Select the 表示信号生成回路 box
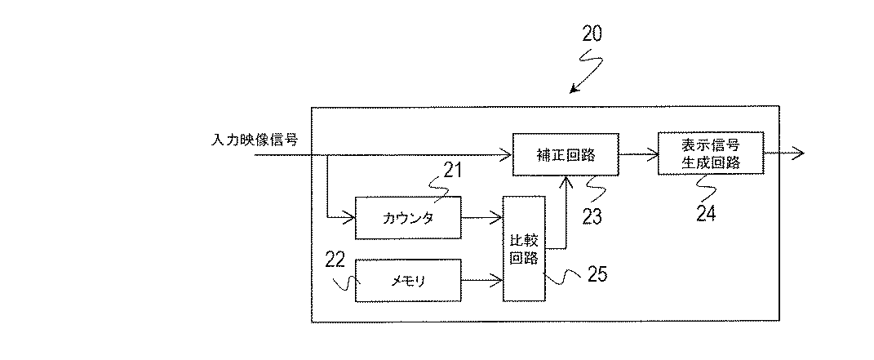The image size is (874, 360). pyautogui.click(x=710, y=153)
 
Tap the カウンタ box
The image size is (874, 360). pyautogui.click(x=408, y=217)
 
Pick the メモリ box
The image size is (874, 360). pyautogui.click(x=408, y=281)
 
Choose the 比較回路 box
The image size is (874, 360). pyautogui.click(x=523, y=248)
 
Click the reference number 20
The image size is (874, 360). pyautogui.click(x=593, y=34)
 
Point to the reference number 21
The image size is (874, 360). pyautogui.click(x=453, y=170)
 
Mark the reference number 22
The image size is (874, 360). pyautogui.click(x=335, y=260)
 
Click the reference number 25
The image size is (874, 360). pyautogui.click(x=597, y=273)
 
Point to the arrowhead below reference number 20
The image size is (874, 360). pyautogui.click(x=574, y=88)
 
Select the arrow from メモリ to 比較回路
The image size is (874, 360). pyautogui.click(x=481, y=281)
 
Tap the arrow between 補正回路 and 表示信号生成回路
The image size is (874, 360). pyautogui.click(x=638, y=153)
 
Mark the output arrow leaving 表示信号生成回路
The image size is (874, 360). pyautogui.click(x=785, y=153)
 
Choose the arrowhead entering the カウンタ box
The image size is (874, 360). pyautogui.click(x=350, y=217)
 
